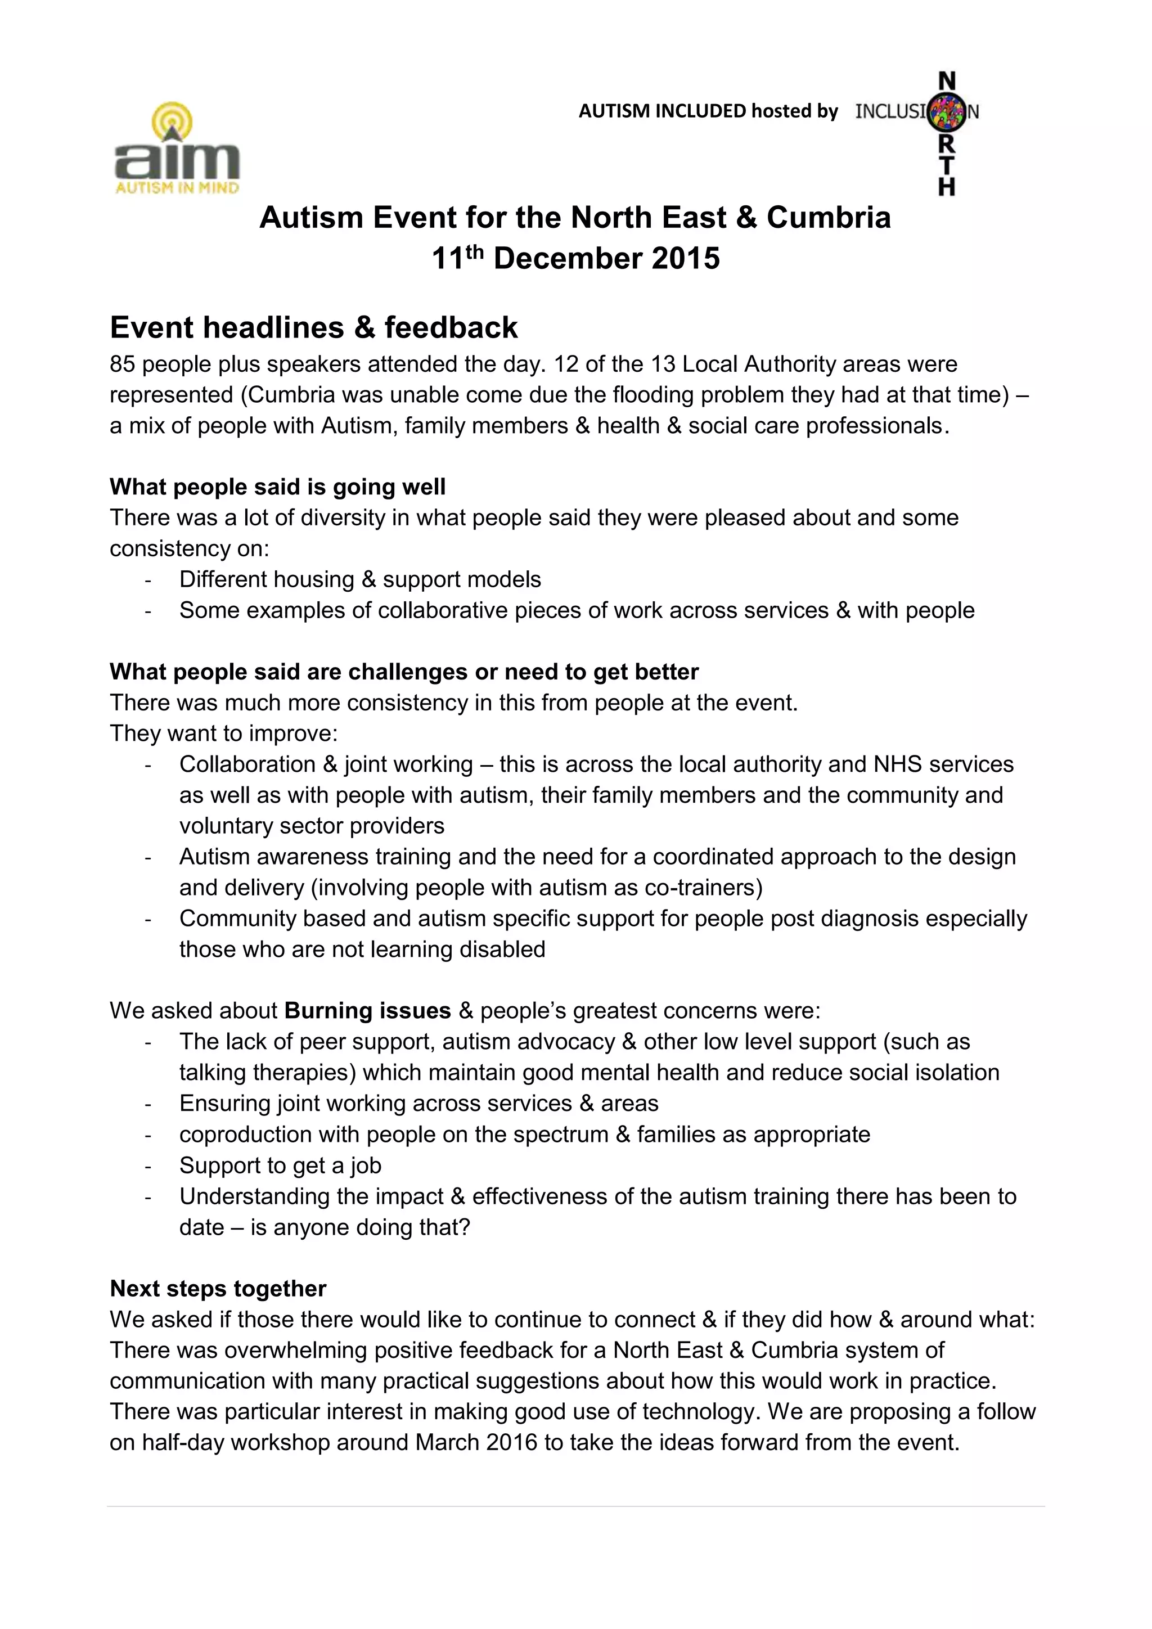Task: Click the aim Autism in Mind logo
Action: point(177,150)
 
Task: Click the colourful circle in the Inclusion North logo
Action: point(948,111)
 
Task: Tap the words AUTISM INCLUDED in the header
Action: point(662,111)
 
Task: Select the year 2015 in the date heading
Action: point(685,258)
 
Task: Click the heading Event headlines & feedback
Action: point(313,328)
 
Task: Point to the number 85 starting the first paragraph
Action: point(122,364)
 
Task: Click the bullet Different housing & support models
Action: point(359,580)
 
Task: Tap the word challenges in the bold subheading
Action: point(409,672)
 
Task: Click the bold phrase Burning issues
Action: point(367,1011)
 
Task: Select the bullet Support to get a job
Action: point(280,1165)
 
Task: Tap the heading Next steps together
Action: point(218,1289)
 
